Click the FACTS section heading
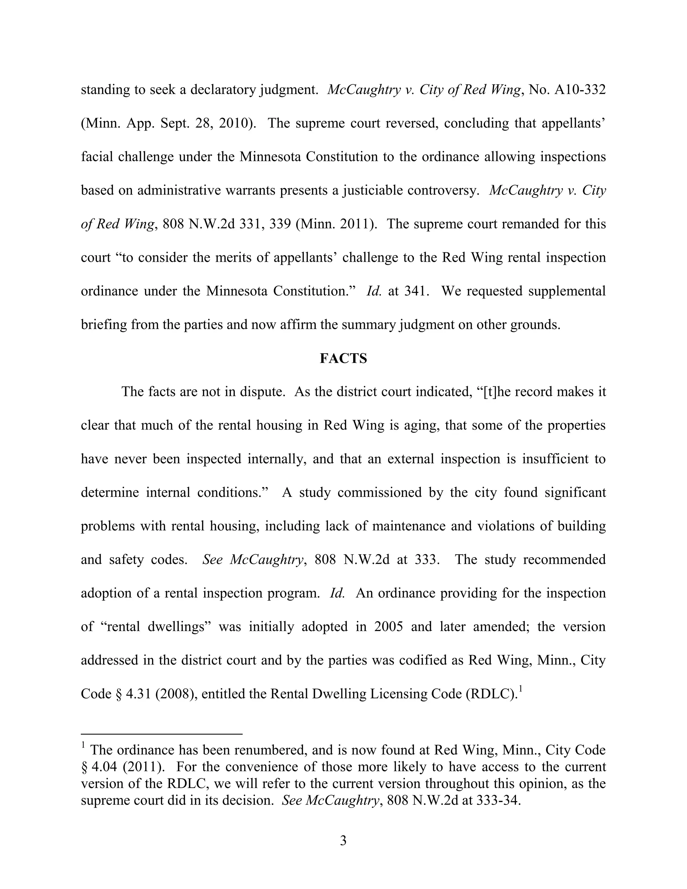[343, 358]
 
